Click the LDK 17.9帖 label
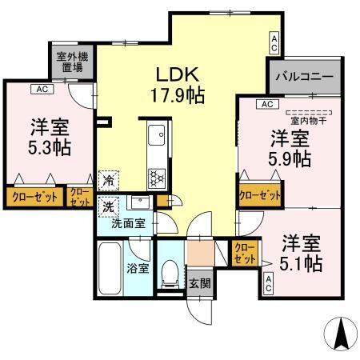pos(179,85)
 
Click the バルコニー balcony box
pos(306,78)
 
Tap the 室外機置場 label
pos(69,62)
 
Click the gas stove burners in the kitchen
pos(156,177)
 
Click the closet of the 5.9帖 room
pos(261,194)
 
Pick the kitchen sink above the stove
pos(156,134)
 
